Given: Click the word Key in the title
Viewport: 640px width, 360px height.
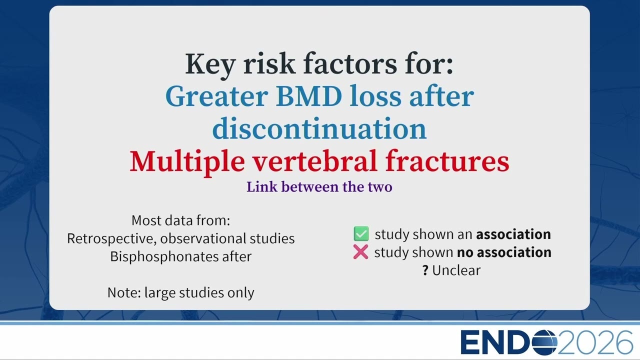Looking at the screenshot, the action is (210, 64).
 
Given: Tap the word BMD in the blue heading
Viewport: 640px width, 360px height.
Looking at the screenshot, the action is (309, 96).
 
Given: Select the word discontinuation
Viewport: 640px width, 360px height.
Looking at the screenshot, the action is (319, 128).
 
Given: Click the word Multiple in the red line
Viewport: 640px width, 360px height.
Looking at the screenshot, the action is (187, 162).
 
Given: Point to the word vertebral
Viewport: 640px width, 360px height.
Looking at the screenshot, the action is (315, 161).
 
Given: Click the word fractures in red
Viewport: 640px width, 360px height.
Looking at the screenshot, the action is (447, 161).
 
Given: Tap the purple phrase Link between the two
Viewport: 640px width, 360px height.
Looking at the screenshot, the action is (319, 187).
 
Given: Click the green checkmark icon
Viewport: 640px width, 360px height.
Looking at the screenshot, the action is (361, 233).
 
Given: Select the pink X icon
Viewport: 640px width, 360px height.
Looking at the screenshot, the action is (360, 251).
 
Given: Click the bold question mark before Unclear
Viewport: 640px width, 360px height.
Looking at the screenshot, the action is (425, 270).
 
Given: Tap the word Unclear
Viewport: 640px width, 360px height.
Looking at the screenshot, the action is (456, 270).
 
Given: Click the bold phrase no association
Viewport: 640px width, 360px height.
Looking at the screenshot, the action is (504, 252).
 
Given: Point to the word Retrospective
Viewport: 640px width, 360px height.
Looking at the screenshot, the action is (111, 239).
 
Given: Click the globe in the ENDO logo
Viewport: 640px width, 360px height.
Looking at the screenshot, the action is (544, 342).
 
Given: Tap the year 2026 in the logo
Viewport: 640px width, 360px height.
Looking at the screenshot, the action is (595, 342).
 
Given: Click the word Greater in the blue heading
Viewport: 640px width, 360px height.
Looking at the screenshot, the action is (217, 96).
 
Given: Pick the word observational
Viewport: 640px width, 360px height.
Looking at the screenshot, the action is (202, 238).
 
